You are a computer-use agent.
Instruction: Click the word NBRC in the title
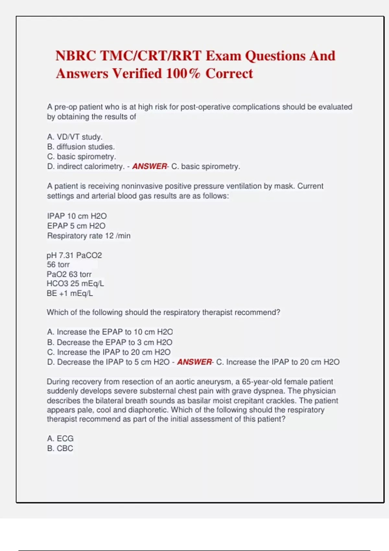click(76, 56)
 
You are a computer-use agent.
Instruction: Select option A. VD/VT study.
click(75, 137)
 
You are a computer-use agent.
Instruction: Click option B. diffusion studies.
click(81, 147)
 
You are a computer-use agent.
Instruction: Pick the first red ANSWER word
click(149, 166)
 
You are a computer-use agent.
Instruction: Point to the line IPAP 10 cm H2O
click(77, 216)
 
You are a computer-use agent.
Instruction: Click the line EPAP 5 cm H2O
click(76, 226)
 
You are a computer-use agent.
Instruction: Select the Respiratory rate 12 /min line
click(89, 236)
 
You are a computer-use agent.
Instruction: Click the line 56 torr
click(58, 265)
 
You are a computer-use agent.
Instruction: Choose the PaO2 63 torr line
click(69, 275)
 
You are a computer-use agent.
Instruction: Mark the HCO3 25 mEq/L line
click(75, 284)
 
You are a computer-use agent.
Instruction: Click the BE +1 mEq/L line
click(70, 293)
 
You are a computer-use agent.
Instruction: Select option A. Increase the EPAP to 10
click(110, 332)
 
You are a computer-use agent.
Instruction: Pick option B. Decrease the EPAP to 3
click(110, 342)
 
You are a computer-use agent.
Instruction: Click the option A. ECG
click(60, 439)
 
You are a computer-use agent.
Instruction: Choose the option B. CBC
click(60, 448)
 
